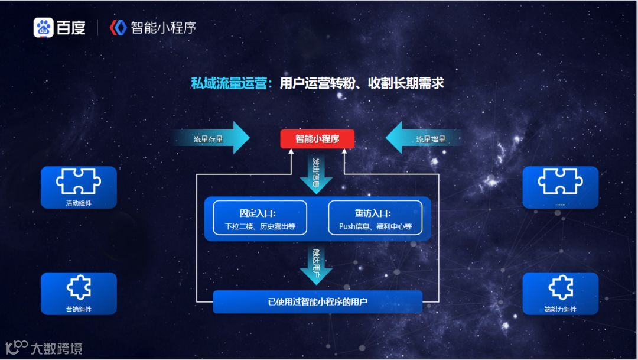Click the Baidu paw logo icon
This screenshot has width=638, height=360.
coord(44,28)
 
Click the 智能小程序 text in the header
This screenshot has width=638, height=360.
coord(163,28)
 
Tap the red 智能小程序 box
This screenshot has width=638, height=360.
coord(317,140)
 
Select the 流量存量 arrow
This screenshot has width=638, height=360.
coord(213,139)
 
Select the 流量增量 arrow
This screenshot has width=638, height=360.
coord(424,139)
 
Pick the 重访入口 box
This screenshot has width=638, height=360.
coord(375,218)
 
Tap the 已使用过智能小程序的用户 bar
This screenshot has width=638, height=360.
coord(317,302)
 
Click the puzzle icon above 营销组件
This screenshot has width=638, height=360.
coord(79,287)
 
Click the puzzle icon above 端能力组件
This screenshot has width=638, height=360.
coord(560,287)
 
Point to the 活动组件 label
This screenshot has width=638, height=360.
coord(79,203)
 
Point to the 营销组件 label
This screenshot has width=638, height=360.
coord(79,309)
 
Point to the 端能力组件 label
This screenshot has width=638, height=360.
coord(560,309)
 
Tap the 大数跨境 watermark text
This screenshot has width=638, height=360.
coord(57,348)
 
